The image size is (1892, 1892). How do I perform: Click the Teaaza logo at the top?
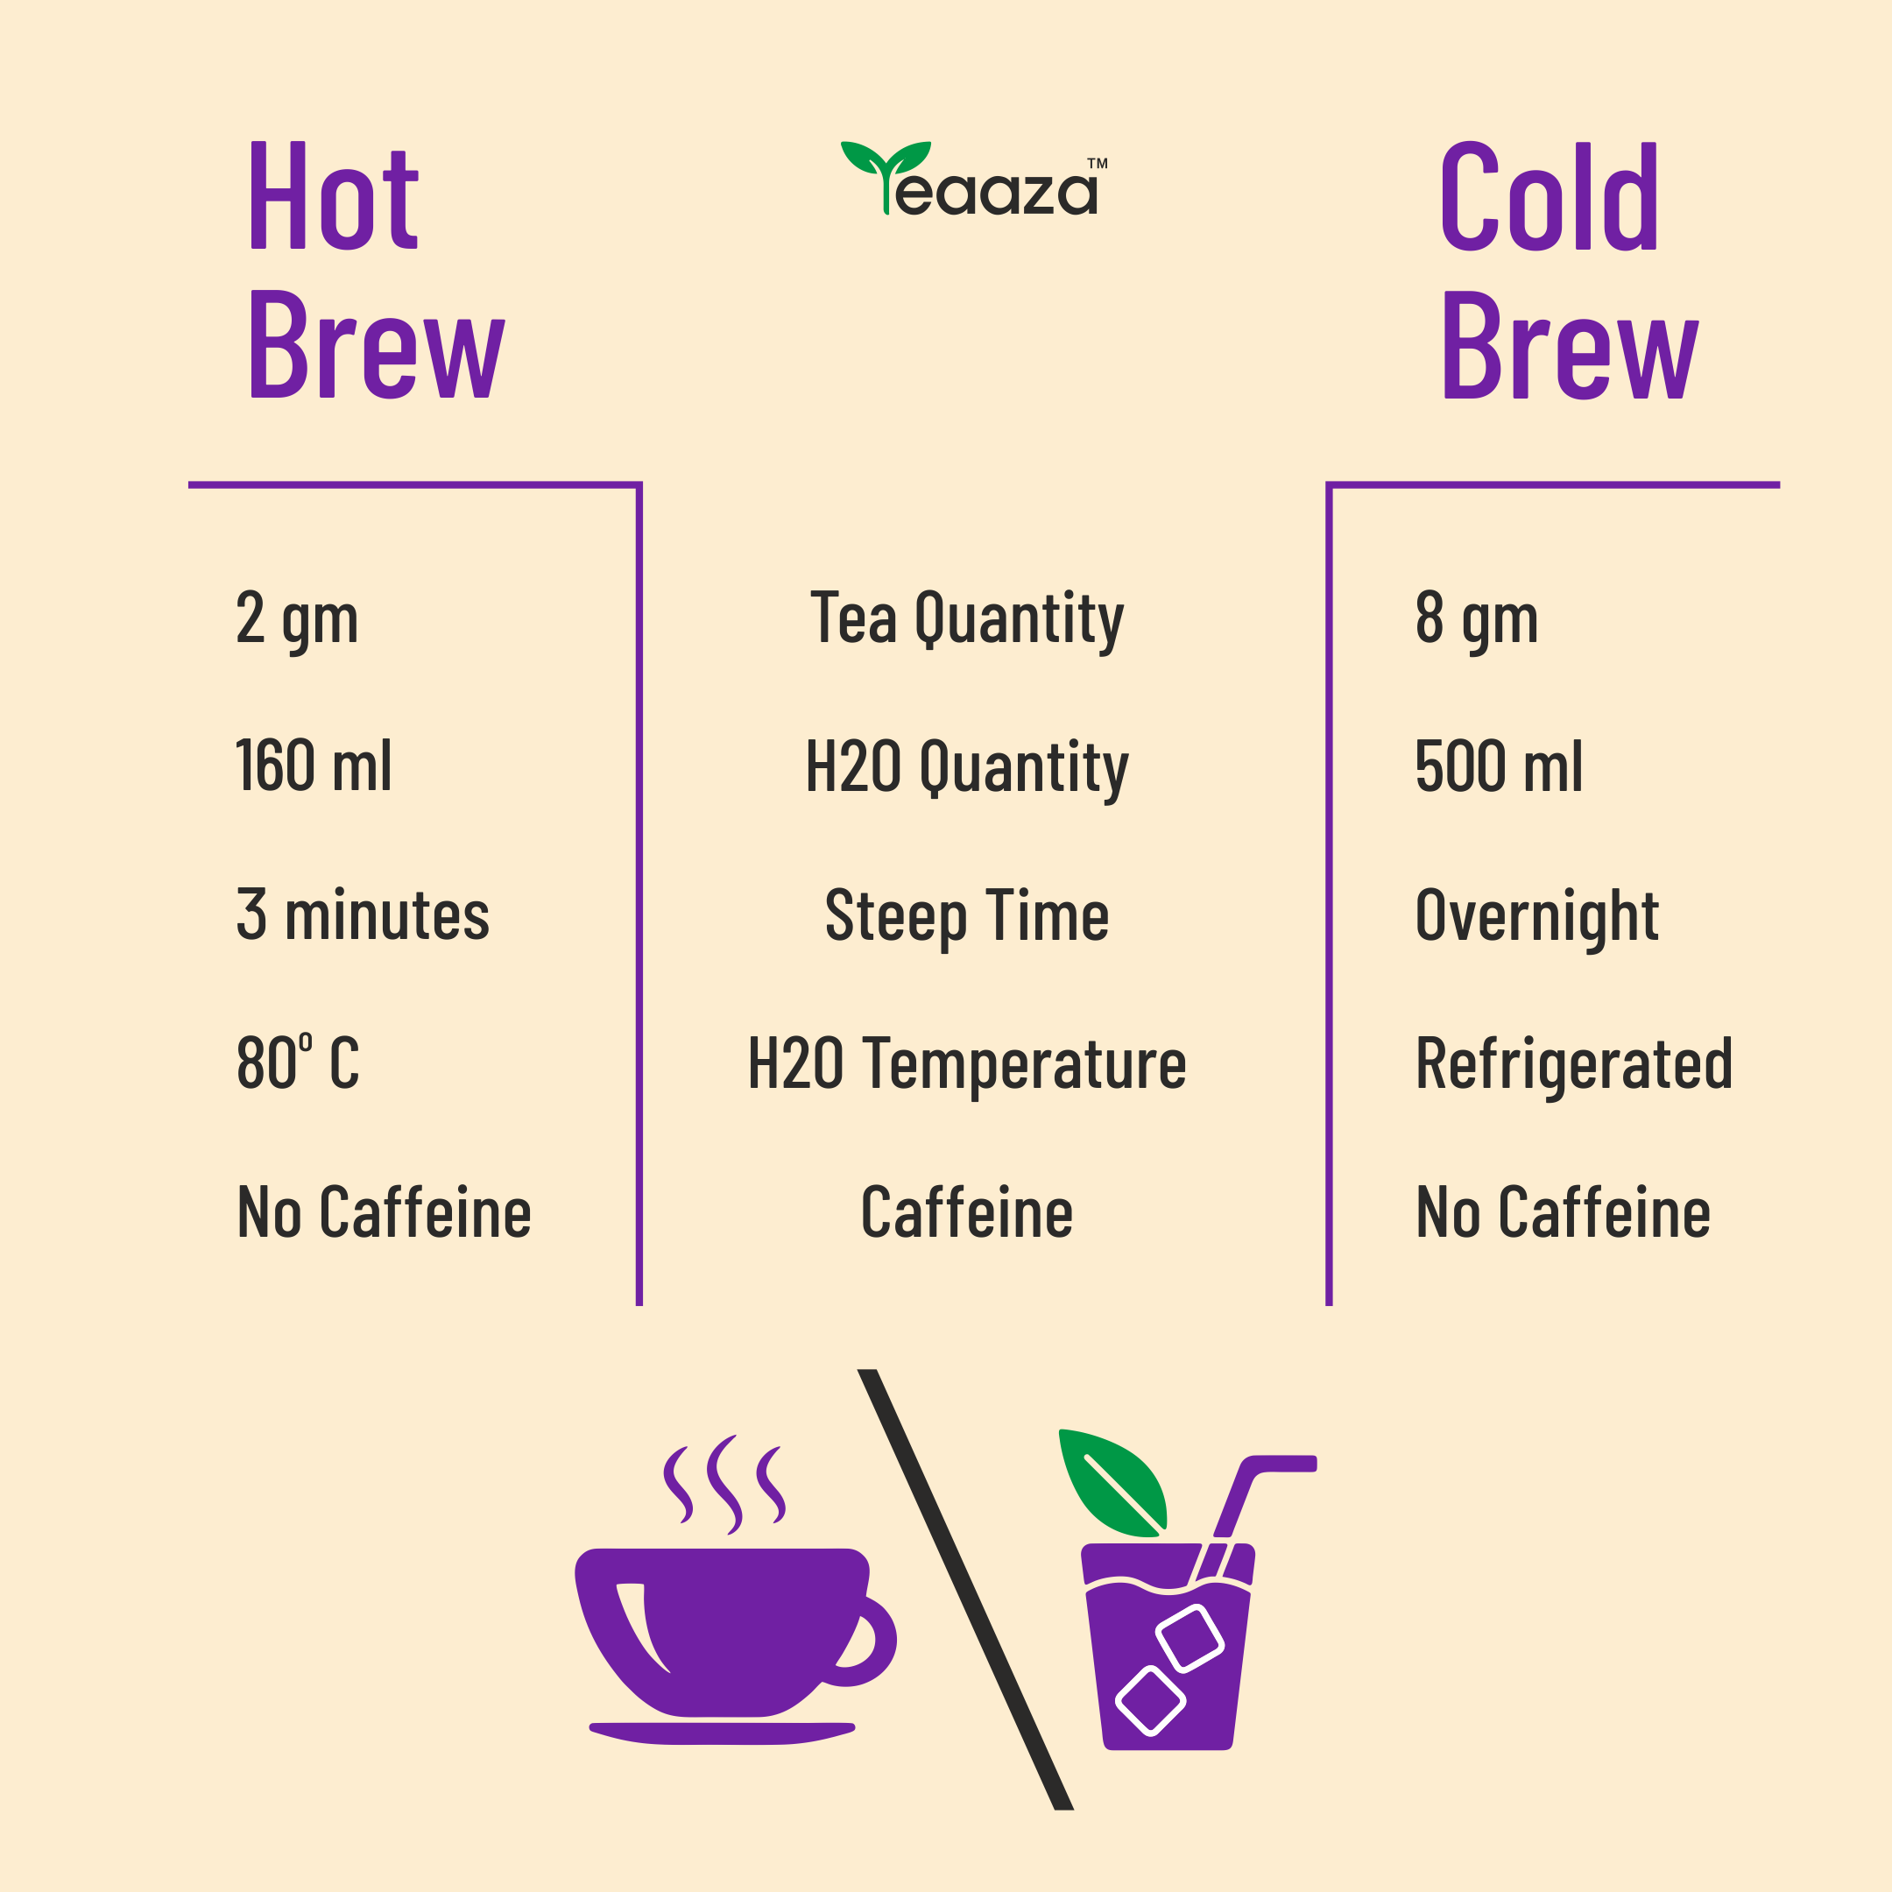pyautogui.click(x=974, y=178)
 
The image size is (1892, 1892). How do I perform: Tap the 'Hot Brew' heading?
pyautogui.click(x=377, y=269)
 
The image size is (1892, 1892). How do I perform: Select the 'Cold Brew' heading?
pyautogui.click(x=1569, y=269)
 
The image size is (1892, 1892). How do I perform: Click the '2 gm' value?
pyautogui.click(x=297, y=621)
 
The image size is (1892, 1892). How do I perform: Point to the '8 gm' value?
pyautogui.click(x=1477, y=621)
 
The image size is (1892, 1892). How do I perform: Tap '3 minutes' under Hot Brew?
pyautogui.click(x=363, y=914)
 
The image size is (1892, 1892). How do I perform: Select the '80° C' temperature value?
pyautogui.click(x=298, y=1062)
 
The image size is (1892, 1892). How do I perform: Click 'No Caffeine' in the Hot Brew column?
pyautogui.click(x=384, y=1212)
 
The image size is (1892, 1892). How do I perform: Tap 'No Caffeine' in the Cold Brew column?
pyautogui.click(x=1563, y=1212)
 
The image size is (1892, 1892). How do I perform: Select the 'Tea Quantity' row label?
pyautogui.click(x=966, y=621)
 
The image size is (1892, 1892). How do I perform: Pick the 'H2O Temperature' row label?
pyautogui.click(x=966, y=1065)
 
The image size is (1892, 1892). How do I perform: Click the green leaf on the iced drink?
pyautogui.click(x=1112, y=1480)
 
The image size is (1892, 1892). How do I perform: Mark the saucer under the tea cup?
pyautogui.click(x=722, y=1733)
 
